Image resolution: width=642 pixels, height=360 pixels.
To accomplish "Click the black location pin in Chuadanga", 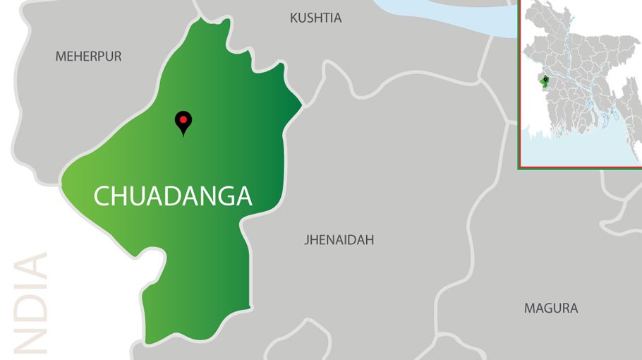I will click(183, 122).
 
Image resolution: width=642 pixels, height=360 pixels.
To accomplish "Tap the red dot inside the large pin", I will click(183, 119).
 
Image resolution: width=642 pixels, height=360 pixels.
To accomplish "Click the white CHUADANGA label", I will click(173, 196).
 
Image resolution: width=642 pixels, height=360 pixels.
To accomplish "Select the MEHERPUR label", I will click(88, 56).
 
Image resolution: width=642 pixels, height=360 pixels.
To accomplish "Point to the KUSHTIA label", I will click(315, 18).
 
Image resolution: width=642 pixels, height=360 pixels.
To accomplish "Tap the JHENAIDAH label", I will click(339, 240).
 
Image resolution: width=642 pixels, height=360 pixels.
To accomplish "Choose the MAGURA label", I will click(550, 308).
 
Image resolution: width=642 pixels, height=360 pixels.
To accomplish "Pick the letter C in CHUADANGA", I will click(102, 196).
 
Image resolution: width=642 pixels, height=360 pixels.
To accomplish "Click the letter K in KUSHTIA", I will click(294, 18).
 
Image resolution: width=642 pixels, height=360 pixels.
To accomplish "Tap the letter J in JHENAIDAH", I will click(307, 240).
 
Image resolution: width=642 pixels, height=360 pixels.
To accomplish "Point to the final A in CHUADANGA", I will click(243, 196).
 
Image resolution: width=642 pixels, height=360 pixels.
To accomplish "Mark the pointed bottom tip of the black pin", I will click(183, 135).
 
